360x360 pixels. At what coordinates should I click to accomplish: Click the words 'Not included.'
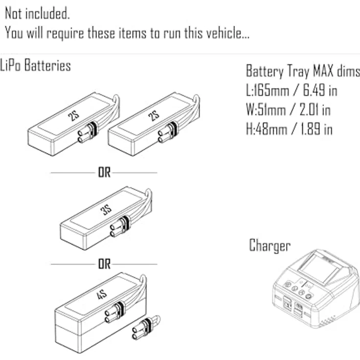37,14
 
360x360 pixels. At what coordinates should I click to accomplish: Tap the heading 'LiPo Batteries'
36,66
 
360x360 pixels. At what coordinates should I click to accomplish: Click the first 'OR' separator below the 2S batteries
104,173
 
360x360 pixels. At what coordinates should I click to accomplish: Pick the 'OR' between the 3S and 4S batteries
104,264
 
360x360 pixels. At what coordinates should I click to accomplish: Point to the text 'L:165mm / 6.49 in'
292,90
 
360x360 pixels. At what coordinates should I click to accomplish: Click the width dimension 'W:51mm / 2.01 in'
288,110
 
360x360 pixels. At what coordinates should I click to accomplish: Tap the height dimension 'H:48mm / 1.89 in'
289,129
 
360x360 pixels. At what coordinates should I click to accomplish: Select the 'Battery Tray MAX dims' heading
303,71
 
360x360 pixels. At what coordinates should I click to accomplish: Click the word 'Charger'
270,245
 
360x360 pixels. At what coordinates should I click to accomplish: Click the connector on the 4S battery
113,314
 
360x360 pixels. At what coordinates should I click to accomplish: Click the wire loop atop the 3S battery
148,201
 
